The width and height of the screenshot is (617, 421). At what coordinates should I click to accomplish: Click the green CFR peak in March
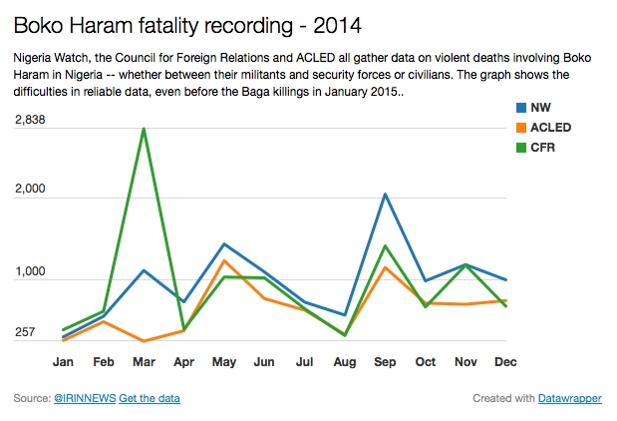tap(145, 129)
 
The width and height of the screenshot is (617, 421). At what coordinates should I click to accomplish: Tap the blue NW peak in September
tap(385, 194)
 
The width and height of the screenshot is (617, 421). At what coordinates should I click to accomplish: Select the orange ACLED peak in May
tap(225, 260)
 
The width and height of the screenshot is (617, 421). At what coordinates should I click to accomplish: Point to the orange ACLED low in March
tap(145, 341)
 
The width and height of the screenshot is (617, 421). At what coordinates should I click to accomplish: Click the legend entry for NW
tap(541, 108)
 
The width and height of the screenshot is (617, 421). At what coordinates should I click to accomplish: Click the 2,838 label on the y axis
tap(31, 120)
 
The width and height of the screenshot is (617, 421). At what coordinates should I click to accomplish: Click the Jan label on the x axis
tap(63, 361)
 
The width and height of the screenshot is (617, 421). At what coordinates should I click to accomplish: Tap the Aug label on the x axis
tap(345, 361)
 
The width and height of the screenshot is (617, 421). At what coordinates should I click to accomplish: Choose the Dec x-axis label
tap(505, 361)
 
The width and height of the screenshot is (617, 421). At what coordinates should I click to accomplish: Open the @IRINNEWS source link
tap(84, 399)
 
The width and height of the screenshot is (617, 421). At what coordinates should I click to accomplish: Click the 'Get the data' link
tap(150, 399)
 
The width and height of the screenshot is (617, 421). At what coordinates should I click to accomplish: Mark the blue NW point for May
tap(225, 243)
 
